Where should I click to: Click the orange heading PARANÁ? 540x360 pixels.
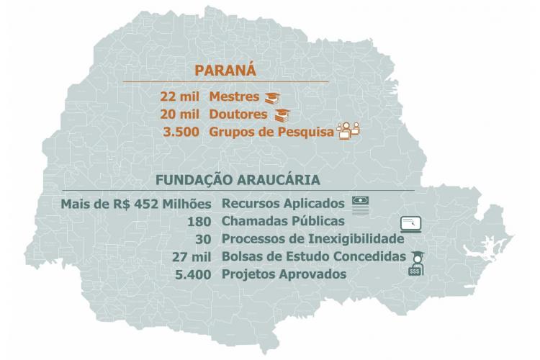226,71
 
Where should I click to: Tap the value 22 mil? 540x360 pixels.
180,96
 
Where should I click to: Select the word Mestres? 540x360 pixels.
235,96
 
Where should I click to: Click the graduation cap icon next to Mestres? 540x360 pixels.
271,97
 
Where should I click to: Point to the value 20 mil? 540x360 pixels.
180,114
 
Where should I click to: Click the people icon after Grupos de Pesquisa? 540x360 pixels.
348,130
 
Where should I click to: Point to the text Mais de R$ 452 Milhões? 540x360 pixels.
136,204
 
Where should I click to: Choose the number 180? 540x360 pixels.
198,221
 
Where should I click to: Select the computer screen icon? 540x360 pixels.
412,223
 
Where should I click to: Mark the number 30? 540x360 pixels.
204,238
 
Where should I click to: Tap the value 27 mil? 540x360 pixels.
191,256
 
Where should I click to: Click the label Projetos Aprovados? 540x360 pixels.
284,274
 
